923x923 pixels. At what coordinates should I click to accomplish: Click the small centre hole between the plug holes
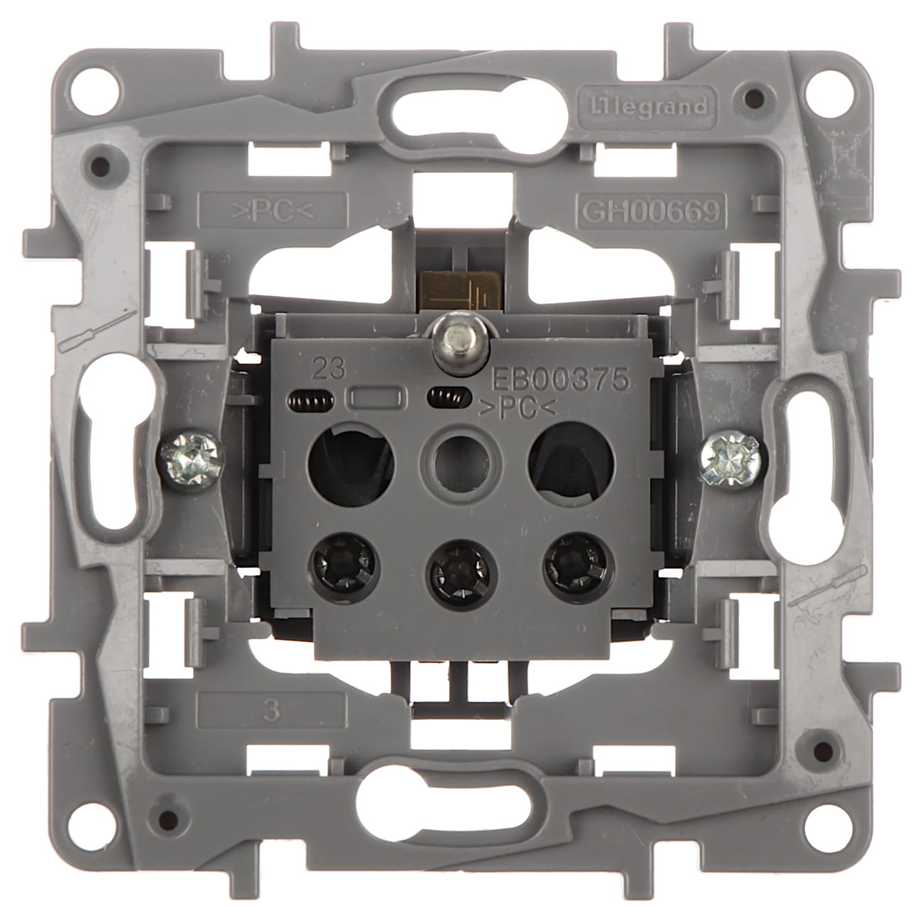455,468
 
